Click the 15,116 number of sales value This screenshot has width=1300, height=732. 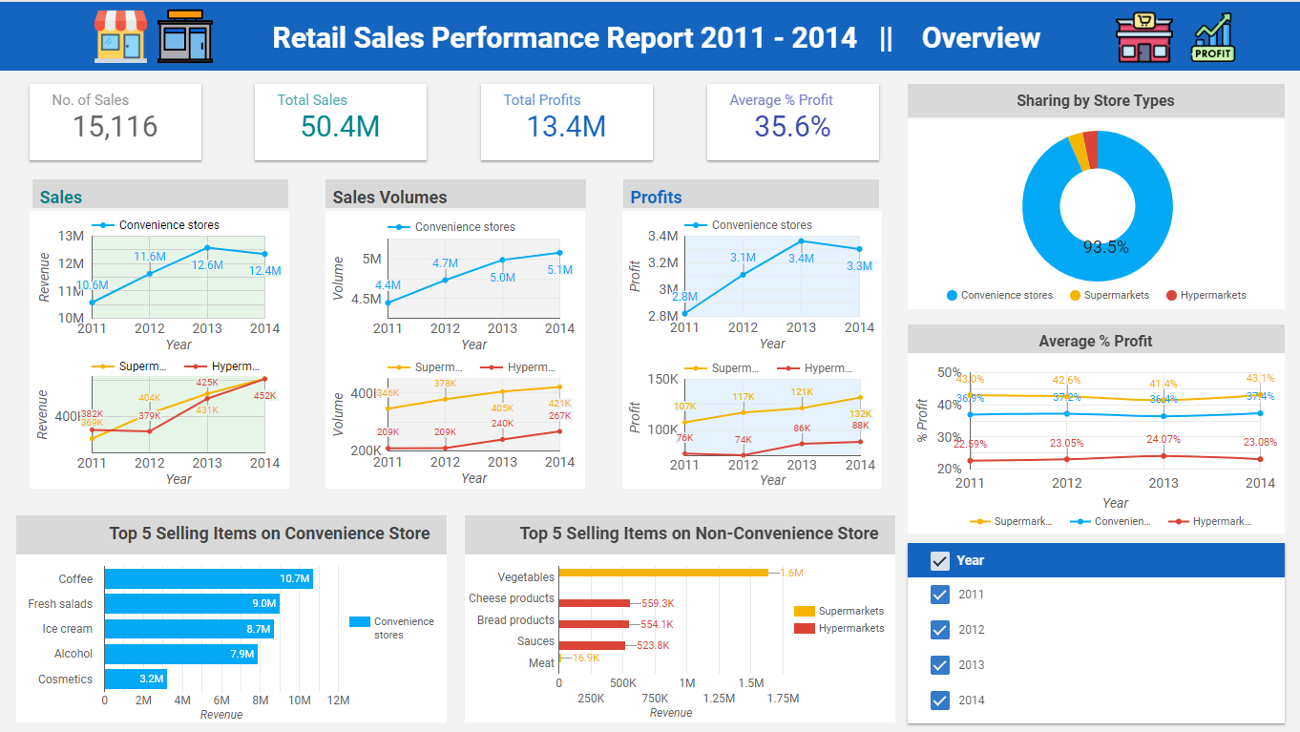tap(115, 127)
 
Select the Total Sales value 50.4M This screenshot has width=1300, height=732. tap(340, 127)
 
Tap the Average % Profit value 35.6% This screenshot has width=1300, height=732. tap(792, 127)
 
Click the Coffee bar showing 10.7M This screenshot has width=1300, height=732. tap(208, 578)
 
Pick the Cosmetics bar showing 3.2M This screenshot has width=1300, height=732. tap(135, 680)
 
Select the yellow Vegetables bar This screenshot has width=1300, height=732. tap(662, 573)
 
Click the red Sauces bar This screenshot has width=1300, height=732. tap(591, 645)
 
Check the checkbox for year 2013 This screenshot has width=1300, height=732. tap(940, 665)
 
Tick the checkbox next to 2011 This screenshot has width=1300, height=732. tap(940, 595)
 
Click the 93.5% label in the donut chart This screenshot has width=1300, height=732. tap(1105, 247)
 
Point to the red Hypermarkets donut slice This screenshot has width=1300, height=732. tap(1090, 149)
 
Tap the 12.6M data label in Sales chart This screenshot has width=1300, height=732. tap(207, 265)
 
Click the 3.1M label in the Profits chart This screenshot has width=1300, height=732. tap(743, 258)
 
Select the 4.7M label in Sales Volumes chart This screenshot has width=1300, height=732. tap(445, 263)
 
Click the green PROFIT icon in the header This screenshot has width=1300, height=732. tap(1212, 38)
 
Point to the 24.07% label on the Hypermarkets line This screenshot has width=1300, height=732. tap(1164, 440)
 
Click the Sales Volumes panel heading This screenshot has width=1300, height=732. tap(389, 198)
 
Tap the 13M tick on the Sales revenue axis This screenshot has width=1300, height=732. tap(71, 236)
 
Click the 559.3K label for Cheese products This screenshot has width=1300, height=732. tap(658, 603)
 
